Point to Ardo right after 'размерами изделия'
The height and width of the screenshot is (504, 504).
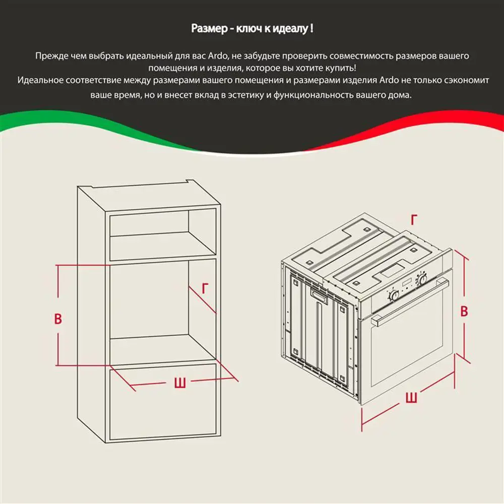click(389, 80)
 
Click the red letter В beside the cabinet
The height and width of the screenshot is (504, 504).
click(58, 319)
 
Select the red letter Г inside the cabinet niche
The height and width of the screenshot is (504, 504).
click(205, 288)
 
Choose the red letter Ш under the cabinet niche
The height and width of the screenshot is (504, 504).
click(180, 383)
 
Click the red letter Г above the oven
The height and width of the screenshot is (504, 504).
click(414, 220)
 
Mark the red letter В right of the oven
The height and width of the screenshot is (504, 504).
click(464, 311)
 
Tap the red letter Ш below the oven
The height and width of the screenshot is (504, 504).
click(411, 397)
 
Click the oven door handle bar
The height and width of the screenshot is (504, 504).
click(409, 302)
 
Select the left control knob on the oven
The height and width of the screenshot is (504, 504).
click(394, 295)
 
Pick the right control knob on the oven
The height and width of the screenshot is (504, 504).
click(422, 278)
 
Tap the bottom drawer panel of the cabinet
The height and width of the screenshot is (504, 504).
click(163, 402)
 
